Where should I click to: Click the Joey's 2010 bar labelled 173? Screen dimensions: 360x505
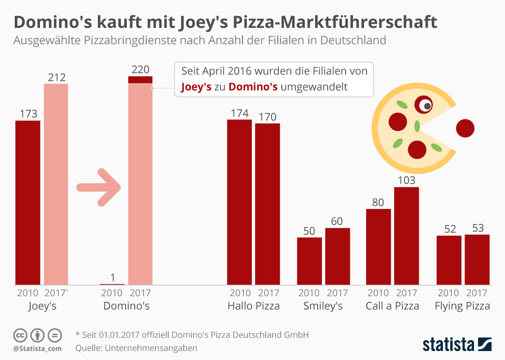point(27,203)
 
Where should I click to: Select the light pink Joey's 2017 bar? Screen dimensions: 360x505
point(56,184)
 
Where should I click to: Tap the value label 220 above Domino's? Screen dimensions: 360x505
point(140,69)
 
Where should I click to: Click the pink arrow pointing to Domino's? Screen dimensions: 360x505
point(99,187)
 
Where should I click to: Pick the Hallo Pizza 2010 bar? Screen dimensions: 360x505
point(239,203)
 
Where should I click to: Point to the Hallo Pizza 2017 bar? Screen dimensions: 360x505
point(267,204)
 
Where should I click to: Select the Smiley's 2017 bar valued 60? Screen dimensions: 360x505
point(337,256)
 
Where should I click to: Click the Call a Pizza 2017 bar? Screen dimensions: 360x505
point(407,236)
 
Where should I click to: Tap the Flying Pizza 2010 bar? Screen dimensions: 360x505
point(449,260)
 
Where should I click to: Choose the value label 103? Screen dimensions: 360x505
point(407,180)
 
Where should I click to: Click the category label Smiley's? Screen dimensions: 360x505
point(323,306)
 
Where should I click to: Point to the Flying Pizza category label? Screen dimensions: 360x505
point(463,306)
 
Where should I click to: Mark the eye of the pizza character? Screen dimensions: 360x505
point(425,105)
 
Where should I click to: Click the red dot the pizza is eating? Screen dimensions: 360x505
point(465,128)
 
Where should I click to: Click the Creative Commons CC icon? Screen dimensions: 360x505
point(20,335)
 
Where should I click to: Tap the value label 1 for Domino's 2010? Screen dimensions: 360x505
point(112,277)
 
